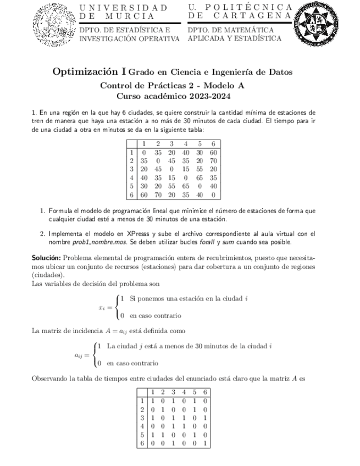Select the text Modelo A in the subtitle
tap(224, 86)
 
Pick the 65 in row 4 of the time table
tap(199, 178)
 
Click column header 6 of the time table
tap(213, 144)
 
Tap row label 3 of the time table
tap(132, 169)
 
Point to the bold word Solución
tap(46, 257)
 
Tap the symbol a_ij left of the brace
tap(80, 354)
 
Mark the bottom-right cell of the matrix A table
tap(204, 442)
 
